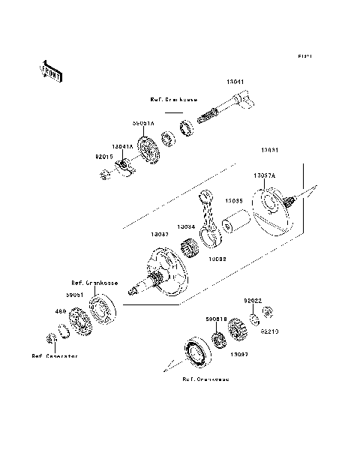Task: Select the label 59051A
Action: tap(144, 123)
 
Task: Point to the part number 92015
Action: tap(104, 158)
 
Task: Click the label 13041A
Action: tap(123, 148)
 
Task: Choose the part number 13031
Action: tap(271, 151)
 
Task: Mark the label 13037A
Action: tap(264, 175)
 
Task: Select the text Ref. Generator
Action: tap(55, 356)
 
